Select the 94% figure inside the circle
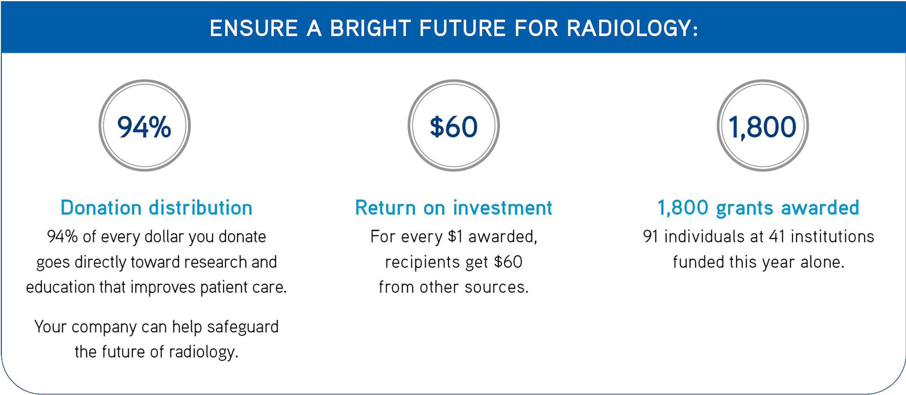point(144,127)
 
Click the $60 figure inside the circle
point(453,127)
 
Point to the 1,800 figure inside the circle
point(762,127)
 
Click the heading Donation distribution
point(156,208)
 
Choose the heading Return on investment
point(453,208)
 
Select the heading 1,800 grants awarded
point(758,208)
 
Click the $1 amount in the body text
point(456,236)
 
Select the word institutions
point(832,236)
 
